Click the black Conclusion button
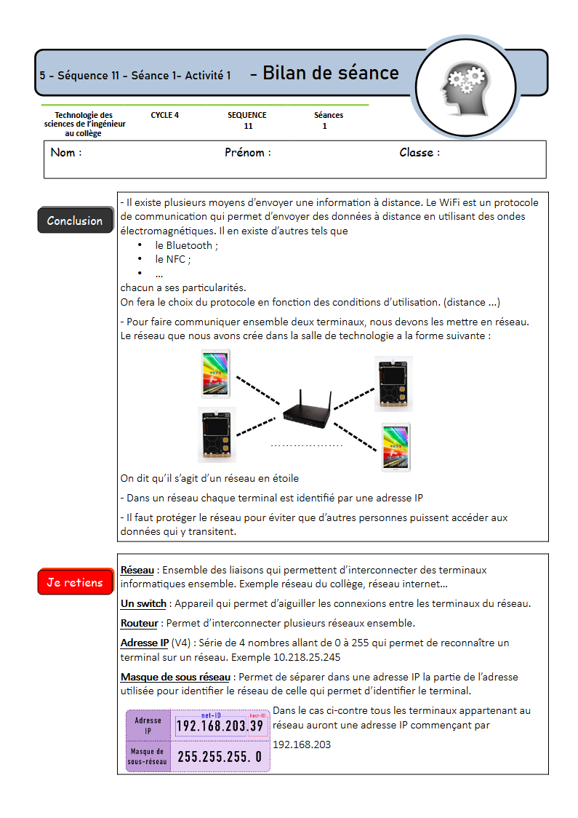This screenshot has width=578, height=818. (75, 221)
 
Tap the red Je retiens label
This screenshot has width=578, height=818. (75, 582)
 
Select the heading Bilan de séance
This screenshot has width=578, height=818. (331, 73)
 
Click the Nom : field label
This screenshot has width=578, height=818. (66, 153)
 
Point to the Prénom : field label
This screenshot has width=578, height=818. (248, 153)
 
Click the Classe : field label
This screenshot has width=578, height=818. (420, 153)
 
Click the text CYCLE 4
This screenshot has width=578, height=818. (165, 115)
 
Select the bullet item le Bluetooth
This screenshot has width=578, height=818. (186, 245)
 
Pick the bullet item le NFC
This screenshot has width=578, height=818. (172, 259)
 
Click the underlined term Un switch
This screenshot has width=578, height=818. (143, 603)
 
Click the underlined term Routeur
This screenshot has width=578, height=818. (139, 623)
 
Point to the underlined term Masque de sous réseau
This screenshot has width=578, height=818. (175, 677)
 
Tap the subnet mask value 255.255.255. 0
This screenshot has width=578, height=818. (220, 757)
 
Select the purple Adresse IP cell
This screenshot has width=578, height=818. (148, 726)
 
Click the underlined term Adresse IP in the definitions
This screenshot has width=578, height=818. (144, 643)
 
